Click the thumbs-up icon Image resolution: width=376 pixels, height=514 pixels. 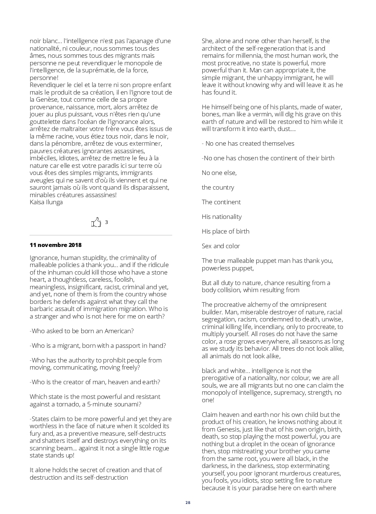tap(96, 222)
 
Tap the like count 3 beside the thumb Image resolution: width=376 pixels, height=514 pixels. tap(106, 222)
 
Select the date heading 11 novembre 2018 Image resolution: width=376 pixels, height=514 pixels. tap(56, 245)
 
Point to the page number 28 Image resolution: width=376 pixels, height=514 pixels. tap(188, 502)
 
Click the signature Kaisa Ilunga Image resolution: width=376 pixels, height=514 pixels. tap(46, 202)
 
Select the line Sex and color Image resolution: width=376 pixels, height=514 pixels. tap(221, 246)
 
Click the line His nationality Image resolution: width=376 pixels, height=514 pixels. tap(221, 217)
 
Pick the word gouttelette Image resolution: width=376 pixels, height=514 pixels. tap(46, 122)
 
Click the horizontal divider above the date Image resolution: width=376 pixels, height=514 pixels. tap(100, 235)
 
